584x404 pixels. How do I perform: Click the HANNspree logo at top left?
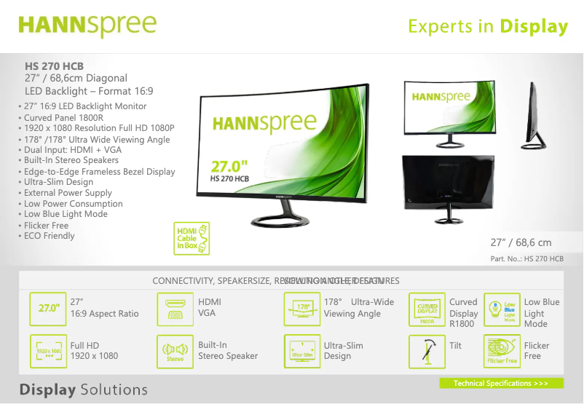click(87, 25)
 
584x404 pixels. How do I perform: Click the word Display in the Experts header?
click(533, 27)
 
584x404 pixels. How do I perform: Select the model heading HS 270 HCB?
click(54, 66)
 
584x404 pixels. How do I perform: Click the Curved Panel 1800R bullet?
click(63, 117)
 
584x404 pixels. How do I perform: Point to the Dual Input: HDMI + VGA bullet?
click(72, 150)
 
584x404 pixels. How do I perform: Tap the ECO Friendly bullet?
click(49, 236)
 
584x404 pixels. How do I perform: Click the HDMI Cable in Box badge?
click(192, 238)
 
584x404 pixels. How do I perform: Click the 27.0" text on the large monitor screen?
click(229, 166)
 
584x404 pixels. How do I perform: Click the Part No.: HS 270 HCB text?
click(526, 259)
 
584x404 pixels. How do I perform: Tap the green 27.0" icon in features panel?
click(48, 308)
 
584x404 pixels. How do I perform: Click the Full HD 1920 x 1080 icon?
click(48, 352)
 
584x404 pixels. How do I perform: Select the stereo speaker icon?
click(175, 352)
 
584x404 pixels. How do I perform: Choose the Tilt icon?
click(427, 352)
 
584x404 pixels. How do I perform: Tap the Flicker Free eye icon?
click(502, 352)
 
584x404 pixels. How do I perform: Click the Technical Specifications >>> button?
click(501, 383)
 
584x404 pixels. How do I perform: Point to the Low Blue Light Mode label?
click(541, 313)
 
